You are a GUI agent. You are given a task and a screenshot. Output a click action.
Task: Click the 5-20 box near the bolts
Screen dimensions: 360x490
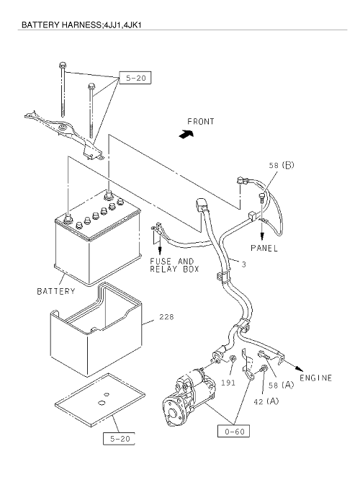[x=135, y=78]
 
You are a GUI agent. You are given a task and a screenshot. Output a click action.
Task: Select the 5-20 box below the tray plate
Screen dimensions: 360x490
[x=119, y=438]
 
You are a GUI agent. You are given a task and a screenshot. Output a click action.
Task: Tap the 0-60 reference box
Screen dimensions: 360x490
[x=233, y=431]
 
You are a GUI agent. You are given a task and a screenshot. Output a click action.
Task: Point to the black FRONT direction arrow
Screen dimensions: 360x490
[x=186, y=134]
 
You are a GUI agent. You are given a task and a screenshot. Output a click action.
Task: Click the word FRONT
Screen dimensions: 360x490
[x=201, y=121]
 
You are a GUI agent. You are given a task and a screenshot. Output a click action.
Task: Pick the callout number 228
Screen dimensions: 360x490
[x=166, y=317]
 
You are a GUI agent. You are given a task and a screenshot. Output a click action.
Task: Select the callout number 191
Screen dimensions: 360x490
[x=228, y=383]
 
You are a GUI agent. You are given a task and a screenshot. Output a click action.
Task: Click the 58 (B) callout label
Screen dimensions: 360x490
[x=282, y=165]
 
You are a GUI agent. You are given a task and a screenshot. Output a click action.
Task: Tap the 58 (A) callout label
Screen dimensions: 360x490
[x=282, y=385]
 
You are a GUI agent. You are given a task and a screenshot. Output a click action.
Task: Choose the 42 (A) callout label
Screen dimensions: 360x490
[x=266, y=401]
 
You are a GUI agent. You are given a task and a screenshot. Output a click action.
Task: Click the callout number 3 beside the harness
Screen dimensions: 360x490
[x=244, y=264]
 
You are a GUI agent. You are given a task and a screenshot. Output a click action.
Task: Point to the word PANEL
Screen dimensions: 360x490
[x=264, y=248]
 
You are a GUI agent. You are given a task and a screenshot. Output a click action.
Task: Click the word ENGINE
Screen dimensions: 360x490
[x=315, y=378]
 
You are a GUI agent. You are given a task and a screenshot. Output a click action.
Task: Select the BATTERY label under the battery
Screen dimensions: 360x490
[x=56, y=291]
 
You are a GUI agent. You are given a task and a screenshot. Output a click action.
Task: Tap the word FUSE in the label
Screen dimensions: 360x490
[x=161, y=262]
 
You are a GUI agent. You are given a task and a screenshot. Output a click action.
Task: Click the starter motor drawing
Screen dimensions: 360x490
[x=189, y=396]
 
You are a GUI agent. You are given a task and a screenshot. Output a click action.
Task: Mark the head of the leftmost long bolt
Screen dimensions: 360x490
[x=62, y=66]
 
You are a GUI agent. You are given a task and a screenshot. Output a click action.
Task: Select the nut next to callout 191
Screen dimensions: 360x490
[x=233, y=359]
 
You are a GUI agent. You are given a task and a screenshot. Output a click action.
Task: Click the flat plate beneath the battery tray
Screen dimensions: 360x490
[x=100, y=400]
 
